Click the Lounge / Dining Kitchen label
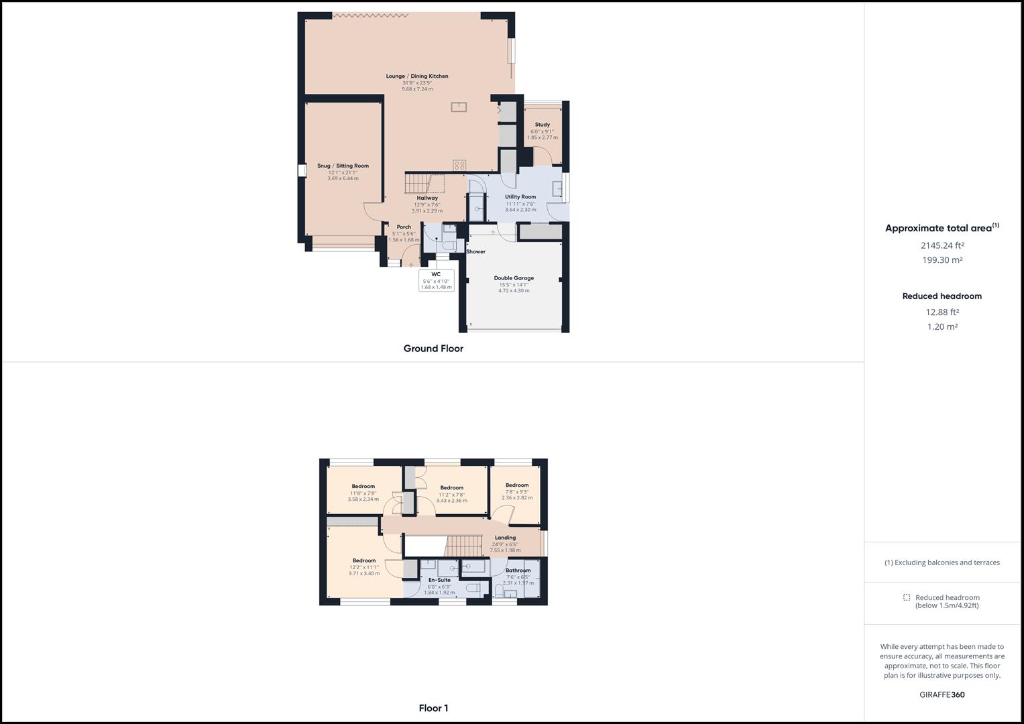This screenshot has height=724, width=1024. click(416, 76)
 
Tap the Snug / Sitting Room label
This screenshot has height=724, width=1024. click(343, 166)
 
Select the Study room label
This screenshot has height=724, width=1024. click(542, 125)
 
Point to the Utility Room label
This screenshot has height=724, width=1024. click(520, 197)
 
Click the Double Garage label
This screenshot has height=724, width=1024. click(514, 278)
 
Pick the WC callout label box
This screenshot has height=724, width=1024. click(436, 280)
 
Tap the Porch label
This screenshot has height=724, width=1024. click(404, 227)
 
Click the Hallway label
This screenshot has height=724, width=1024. click(427, 198)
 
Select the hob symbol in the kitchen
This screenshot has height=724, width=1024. click(459, 165)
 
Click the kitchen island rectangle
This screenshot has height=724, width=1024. click(459, 106)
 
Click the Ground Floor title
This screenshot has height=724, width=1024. click(433, 349)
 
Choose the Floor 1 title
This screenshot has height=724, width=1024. click(433, 708)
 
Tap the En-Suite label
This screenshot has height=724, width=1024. click(439, 580)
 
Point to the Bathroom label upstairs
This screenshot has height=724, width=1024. click(518, 570)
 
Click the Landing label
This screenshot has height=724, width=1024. click(505, 538)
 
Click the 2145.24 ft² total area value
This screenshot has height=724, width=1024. click(942, 245)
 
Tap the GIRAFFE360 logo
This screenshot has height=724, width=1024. click(942, 695)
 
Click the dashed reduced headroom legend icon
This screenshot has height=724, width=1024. click(907, 597)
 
